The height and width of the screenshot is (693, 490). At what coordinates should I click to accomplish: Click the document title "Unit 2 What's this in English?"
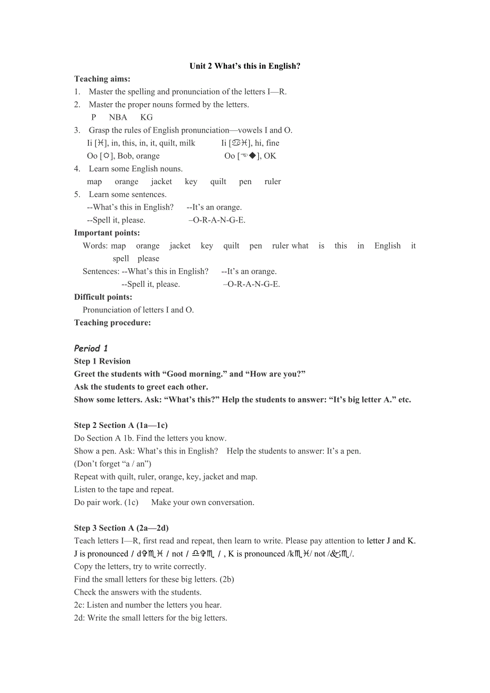tap(245, 66)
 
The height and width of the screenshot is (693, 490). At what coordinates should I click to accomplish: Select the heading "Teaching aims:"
tap(102, 79)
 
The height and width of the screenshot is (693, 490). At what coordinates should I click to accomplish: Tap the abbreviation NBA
tap(118, 117)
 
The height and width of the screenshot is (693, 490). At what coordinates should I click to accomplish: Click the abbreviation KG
tap(146, 117)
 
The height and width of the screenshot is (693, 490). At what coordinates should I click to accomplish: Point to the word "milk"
tap(187, 143)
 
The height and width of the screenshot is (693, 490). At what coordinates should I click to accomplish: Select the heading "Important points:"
tap(107, 233)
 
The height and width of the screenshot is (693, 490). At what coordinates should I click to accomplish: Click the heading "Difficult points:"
tap(103, 297)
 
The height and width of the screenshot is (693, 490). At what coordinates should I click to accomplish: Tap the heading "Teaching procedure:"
tap(112, 323)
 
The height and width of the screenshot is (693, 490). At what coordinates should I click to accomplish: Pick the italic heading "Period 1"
tap(91, 349)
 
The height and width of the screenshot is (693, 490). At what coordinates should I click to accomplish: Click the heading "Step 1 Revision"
tap(102, 361)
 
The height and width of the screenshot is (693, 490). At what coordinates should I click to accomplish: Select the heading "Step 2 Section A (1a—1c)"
tap(121, 425)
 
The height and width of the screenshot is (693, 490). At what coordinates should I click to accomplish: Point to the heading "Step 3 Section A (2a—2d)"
tap(121, 528)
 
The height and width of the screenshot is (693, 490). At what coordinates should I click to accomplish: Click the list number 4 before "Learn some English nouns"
tap(77, 169)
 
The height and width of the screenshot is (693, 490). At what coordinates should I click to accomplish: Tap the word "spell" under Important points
tap(121, 258)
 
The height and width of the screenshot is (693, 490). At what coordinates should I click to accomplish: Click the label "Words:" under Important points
tap(95, 245)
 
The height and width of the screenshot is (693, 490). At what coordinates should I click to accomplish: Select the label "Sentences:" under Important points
tap(101, 271)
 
